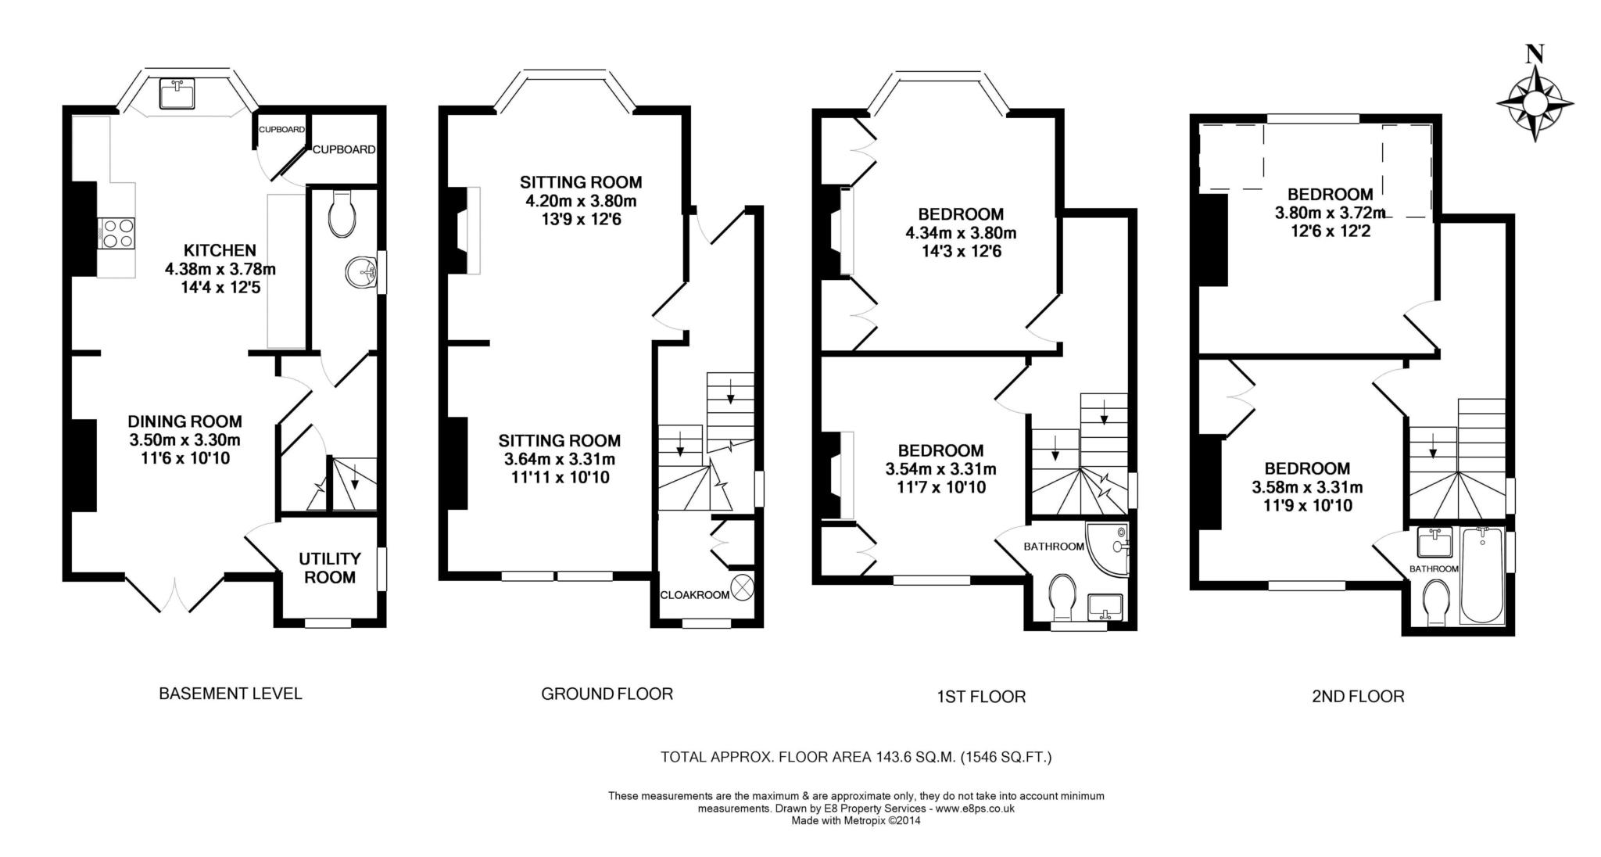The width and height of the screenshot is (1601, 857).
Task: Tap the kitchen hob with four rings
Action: [x=116, y=233]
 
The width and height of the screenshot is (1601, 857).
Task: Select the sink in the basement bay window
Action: [x=177, y=94]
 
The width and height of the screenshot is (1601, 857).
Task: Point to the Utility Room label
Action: [x=330, y=568]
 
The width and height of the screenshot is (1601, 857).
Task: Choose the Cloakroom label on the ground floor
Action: [x=695, y=595]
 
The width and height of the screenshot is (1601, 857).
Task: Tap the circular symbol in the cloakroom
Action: [x=743, y=586]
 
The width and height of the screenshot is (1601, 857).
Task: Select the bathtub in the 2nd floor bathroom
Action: [x=1481, y=576]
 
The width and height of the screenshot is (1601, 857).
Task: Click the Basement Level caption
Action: [x=231, y=694]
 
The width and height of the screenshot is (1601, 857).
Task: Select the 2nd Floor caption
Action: [x=1358, y=696]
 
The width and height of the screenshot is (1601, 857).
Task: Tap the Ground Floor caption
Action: [x=607, y=694]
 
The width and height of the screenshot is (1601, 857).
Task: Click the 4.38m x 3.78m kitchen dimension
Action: [x=220, y=270]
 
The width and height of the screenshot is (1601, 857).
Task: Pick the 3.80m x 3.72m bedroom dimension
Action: [x=1330, y=213]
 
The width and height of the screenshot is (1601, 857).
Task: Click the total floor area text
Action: [x=856, y=757]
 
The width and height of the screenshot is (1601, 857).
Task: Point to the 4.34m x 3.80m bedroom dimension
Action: [x=961, y=233]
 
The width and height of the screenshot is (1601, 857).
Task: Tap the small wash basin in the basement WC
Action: [x=360, y=272]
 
